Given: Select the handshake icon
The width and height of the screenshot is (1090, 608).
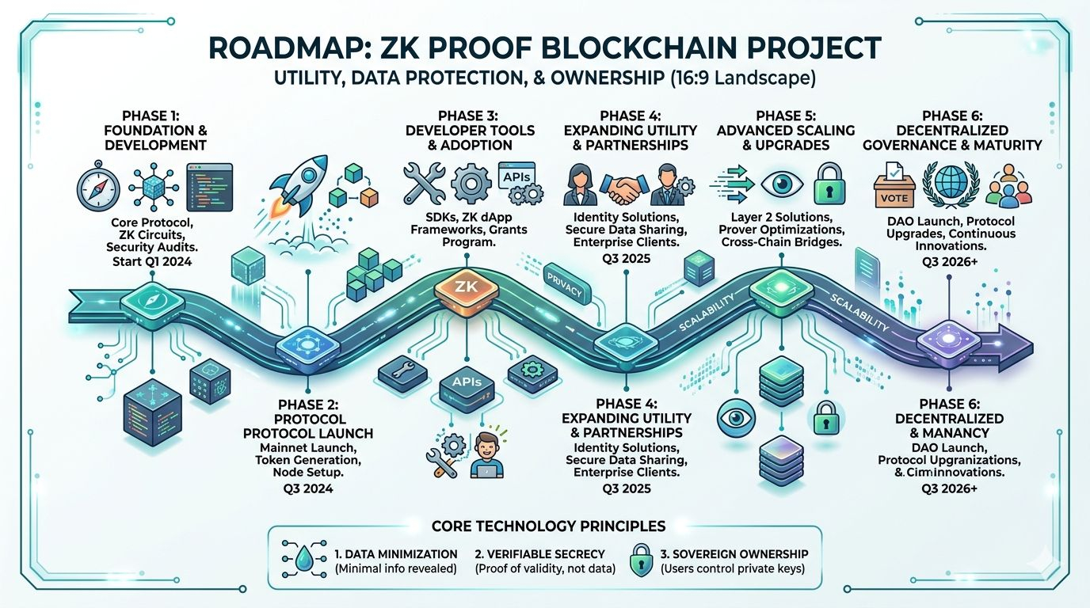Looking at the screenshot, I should click(x=631, y=186).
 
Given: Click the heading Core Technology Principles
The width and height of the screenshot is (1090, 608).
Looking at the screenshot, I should click(x=548, y=526).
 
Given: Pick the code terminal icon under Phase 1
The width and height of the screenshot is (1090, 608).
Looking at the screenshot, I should click(x=209, y=184).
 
